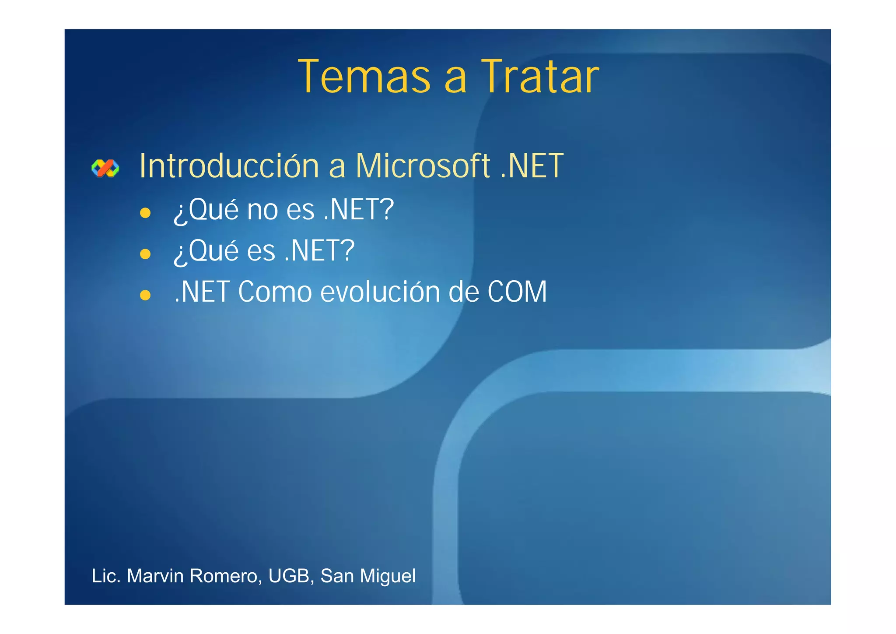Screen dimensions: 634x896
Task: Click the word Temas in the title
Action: (364, 77)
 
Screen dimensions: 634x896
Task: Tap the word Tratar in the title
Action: (540, 77)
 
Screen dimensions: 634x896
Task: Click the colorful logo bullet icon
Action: (105, 168)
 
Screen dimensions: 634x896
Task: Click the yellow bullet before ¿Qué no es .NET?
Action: (145, 213)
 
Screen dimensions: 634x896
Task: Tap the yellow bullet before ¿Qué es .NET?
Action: (145, 254)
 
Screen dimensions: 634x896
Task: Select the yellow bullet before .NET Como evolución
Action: (145, 295)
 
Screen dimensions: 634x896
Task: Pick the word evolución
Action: (380, 292)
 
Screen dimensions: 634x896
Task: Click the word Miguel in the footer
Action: (388, 576)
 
